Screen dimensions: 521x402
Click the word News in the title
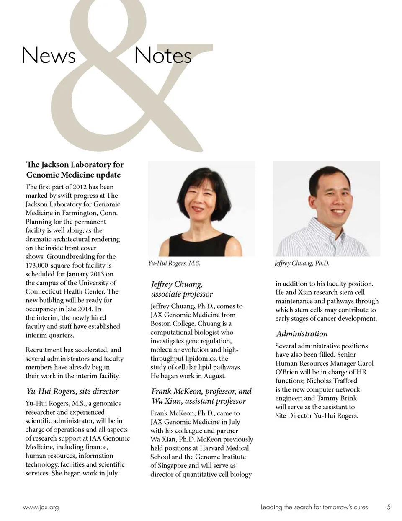coord(48,55)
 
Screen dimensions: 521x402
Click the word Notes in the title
coord(163,55)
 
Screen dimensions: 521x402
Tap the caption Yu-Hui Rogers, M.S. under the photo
coord(174,263)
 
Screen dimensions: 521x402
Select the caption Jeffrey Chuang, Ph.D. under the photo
coord(301,263)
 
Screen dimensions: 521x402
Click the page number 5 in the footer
coord(389,507)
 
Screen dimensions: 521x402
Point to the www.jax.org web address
coord(41,508)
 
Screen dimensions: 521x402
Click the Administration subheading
coord(301,334)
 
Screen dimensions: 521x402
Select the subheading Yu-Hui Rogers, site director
coord(73,392)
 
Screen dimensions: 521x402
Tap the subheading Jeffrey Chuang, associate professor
coord(182,289)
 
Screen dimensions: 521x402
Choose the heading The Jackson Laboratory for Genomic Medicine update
coord(75,170)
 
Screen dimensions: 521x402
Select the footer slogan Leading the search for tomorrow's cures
coord(314,508)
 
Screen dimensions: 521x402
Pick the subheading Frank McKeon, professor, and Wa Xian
coord(201,396)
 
